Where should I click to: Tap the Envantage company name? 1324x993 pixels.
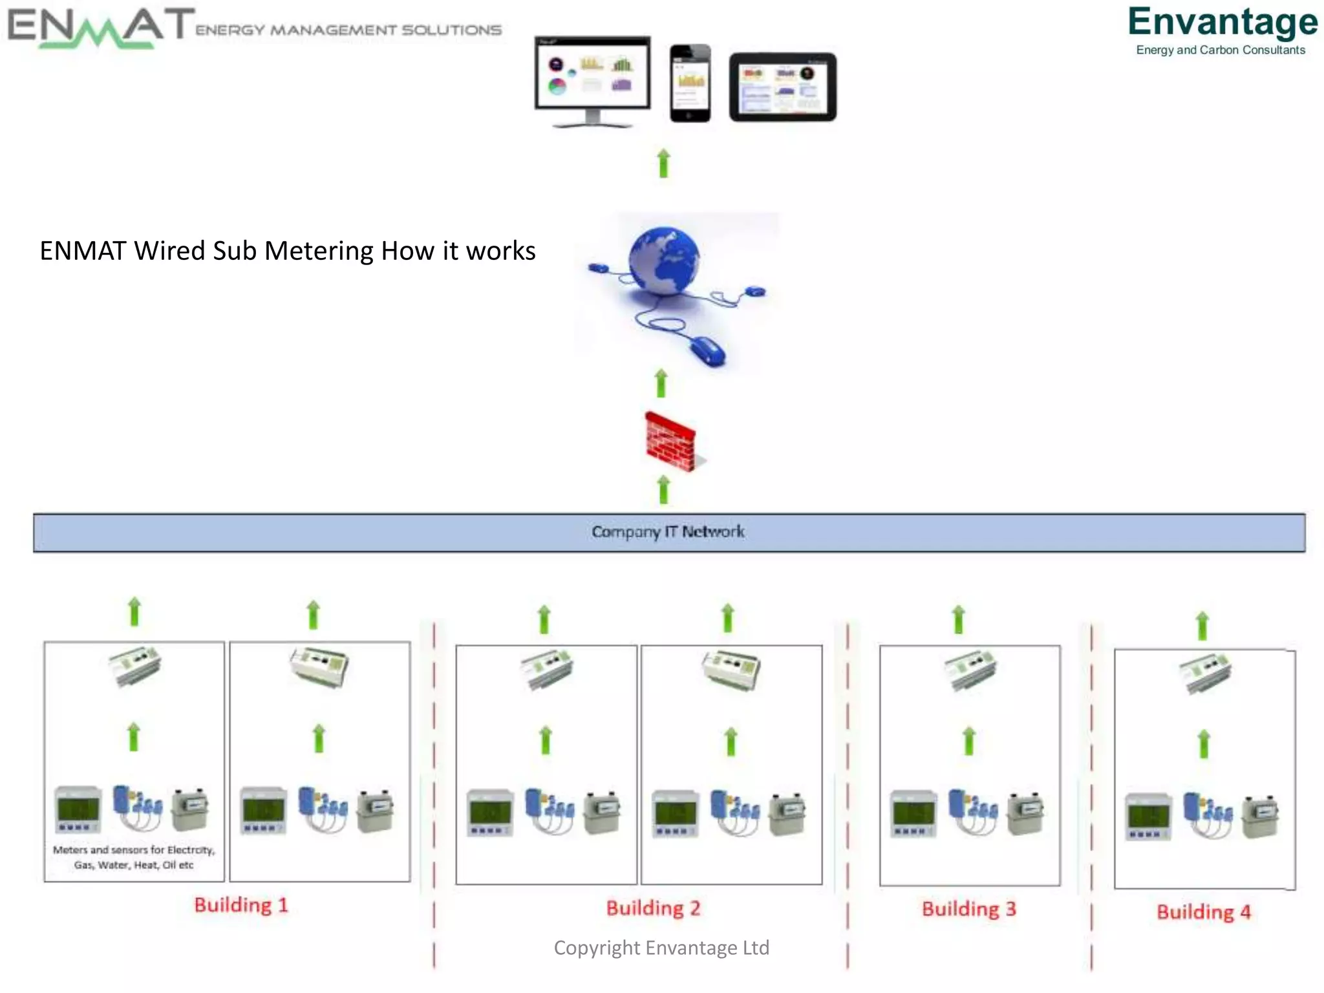coord(1222,23)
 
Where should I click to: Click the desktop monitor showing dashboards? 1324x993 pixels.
coord(592,81)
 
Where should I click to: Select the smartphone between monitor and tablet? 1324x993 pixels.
coord(690,83)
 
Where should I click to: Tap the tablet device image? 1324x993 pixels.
coord(782,87)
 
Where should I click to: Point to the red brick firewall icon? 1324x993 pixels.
coord(671,442)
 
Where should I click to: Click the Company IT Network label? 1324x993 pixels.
coord(668,532)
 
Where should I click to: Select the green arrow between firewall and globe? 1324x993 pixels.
coord(661,383)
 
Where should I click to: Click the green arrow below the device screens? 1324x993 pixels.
coord(663,164)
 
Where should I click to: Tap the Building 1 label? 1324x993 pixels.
coord(240,904)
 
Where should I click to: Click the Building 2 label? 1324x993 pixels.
coord(653,908)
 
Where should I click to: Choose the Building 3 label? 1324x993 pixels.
coord(968,908)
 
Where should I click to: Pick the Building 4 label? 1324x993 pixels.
coord(1203,912)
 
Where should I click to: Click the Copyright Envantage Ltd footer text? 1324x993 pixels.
coord(661,948)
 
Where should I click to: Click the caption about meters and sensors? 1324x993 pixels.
coord(134,857)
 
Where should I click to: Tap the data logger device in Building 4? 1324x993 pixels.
coord(1205,674)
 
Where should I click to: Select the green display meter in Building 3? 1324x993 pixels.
coord(913,814)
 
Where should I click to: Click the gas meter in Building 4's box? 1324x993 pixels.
coord(1260,817)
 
